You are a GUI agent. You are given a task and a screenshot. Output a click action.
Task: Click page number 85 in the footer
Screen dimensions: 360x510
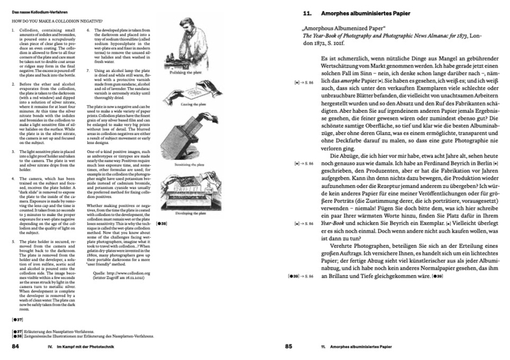pos(288,347)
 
